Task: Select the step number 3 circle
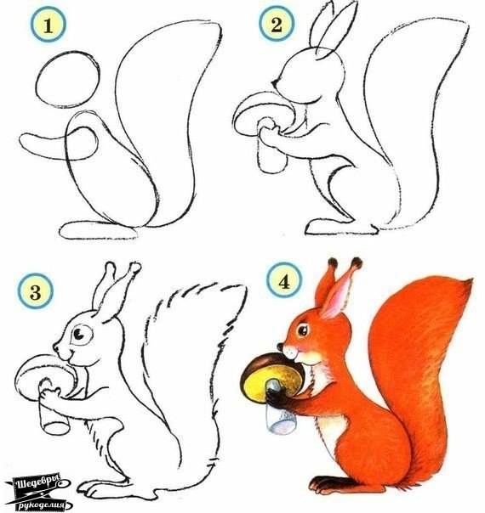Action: coord(34,294)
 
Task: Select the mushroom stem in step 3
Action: coord(53,413)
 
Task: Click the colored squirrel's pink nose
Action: coord(284,348)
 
